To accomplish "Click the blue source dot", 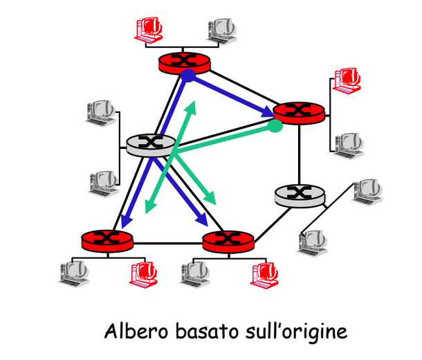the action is click(x=188, y=75).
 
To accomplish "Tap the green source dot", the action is click(x=275, y=126).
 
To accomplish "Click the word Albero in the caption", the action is click(x=136, y=331).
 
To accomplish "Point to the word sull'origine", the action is click(x=296, y=332).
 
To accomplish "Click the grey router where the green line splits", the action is click(x=151, y=145).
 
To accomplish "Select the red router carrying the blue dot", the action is click(x=184, y=63).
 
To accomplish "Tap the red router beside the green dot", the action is click(x=299, y=113).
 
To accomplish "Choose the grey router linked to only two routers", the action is click(x=300, y=196).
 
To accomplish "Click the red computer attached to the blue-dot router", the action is click(x=149, y=29).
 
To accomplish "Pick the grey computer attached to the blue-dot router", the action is click(x=222, y=31).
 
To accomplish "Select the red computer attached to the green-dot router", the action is click(x=347, y=80).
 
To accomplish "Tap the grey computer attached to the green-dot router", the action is click(x=349, y=145).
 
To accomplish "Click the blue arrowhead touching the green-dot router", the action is click(x=268, y=111).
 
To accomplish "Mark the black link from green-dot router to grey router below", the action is click(x=299, y=155).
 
